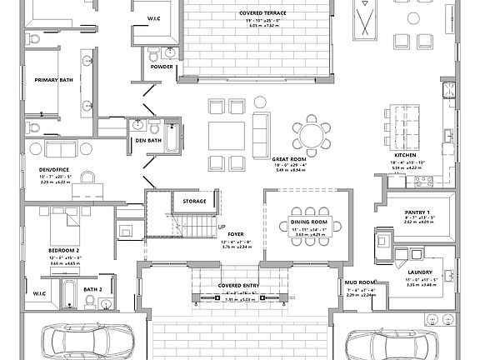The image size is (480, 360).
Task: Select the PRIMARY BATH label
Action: [x=52, y=79]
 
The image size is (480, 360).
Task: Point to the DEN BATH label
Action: [x=148, y=141]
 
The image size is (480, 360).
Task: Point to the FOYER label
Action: [x=237, y=235]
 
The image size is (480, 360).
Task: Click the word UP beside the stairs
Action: [x=221, y=227]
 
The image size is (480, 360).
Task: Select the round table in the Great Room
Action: [x=311, y=136]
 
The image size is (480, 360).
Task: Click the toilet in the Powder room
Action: [x=152, y=54]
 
